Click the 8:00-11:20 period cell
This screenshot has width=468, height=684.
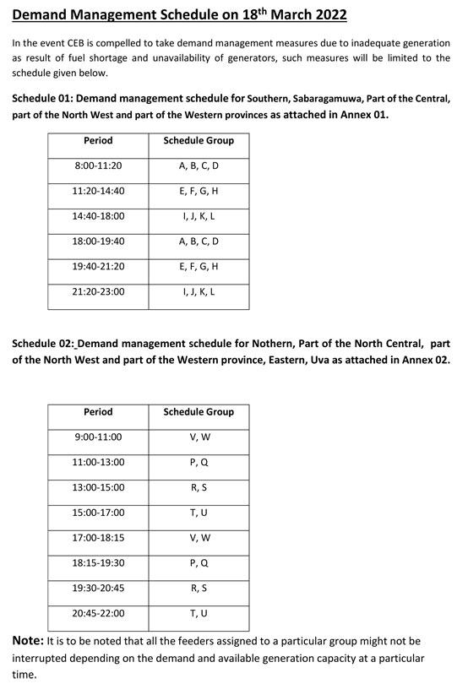click(x=98, y=166)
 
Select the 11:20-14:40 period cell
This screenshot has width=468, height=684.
click(x=98, y=192)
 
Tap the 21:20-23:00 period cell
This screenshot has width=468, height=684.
click(x=98, y=292)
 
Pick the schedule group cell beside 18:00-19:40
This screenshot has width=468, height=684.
click(x=199, y=242)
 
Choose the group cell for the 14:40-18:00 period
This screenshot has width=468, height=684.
click(x=199, y=217)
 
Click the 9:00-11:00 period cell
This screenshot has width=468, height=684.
click(x=98, y=437)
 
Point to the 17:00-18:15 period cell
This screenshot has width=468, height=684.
click(x=98, y=538)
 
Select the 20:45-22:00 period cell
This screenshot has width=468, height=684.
click(x=98, y=613)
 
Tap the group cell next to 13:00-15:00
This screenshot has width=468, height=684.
click(x=199, y=488)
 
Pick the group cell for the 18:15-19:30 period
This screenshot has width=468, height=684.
click(x=199, y=563)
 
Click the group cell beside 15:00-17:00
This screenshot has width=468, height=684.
click(x=199, y=513)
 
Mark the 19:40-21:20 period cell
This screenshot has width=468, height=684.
click(x=98, y=267)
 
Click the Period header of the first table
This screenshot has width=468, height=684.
click(x=98, y=140)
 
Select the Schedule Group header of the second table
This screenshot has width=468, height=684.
click(x=199, y=412)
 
